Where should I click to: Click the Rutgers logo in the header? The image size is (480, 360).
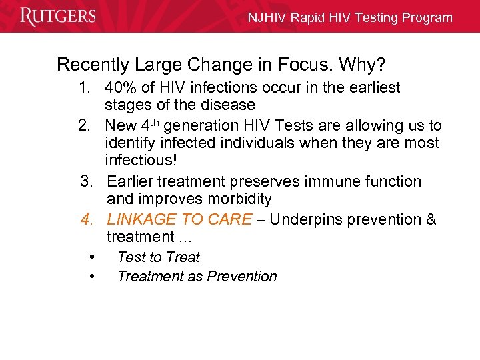point(58,17)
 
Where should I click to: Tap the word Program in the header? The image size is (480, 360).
point(427,18)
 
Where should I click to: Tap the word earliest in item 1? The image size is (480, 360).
point(373,88)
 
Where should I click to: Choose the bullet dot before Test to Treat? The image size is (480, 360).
point(91,257)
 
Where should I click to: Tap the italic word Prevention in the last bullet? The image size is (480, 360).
point(242,277)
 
